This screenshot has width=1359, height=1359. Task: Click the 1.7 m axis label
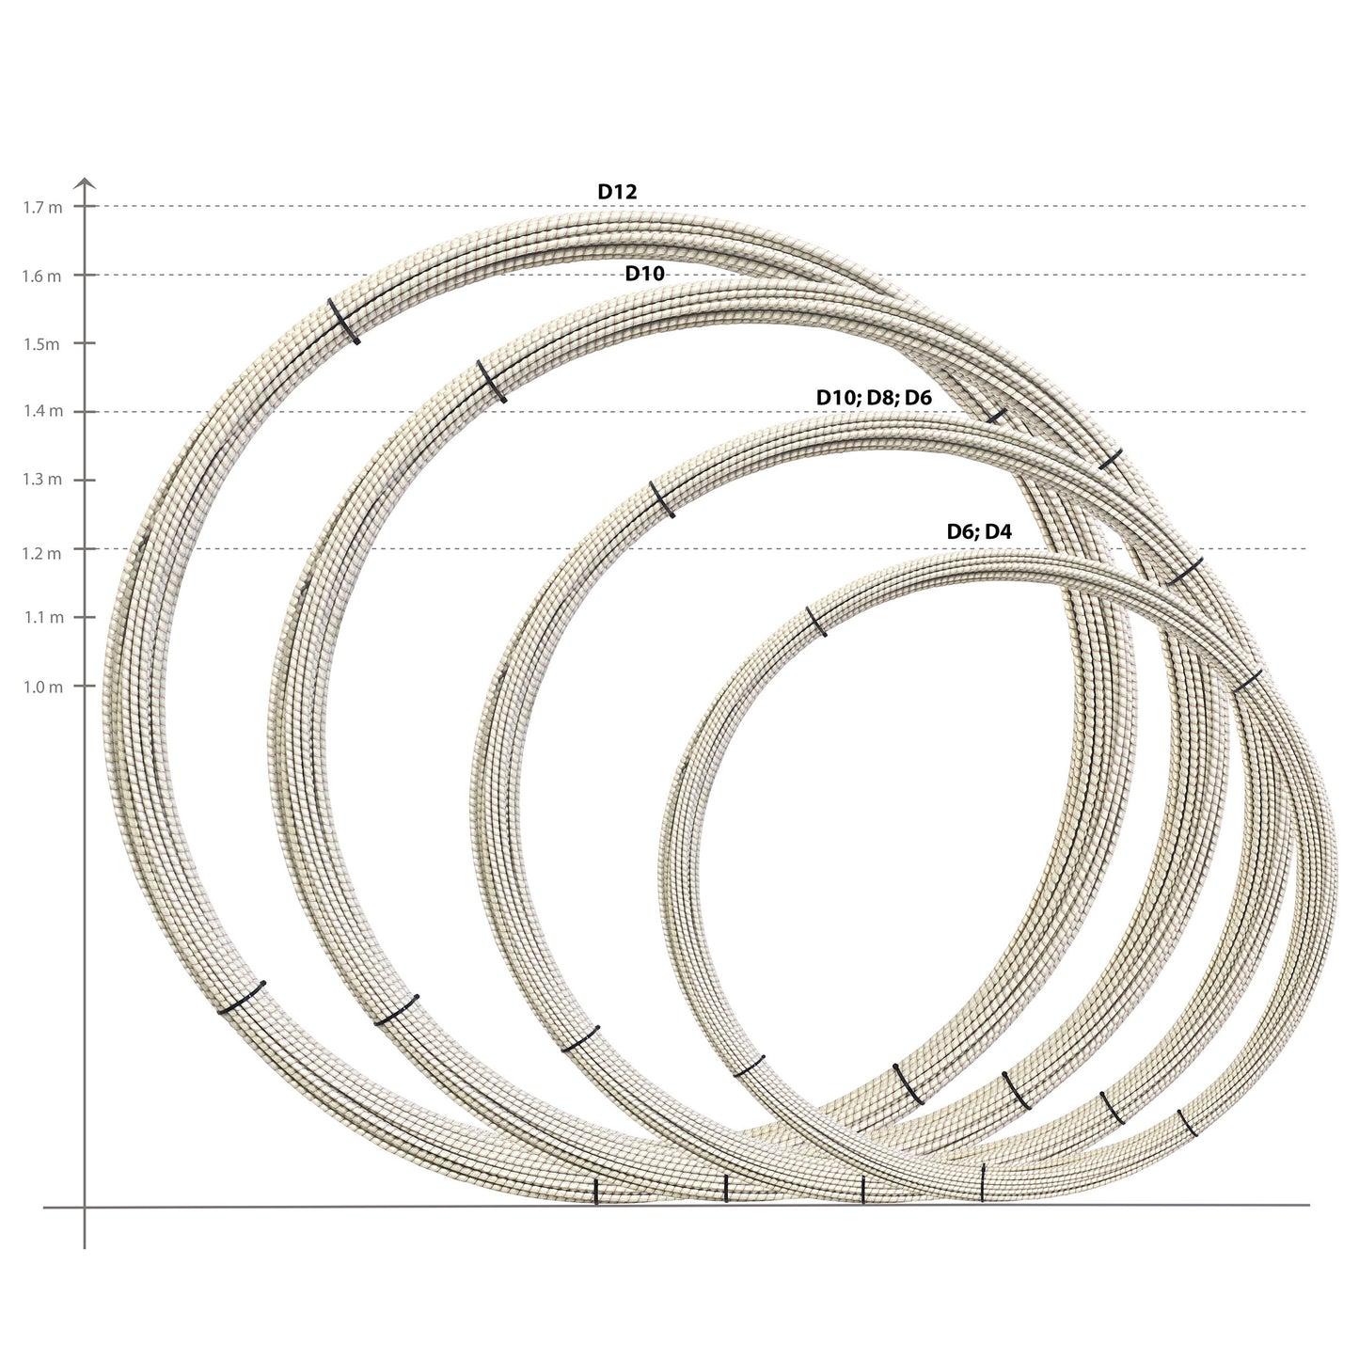pyautogui.click(x=42, y=208)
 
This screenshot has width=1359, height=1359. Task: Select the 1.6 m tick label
pyautogui.click(x=42, y=277)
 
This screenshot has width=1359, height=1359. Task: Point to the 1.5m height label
pyautogui.click(x=41, y=344)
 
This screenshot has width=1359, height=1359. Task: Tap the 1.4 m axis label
pyautogui.click(x=42, y=412)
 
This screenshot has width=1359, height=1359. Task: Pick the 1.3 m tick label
pyautogui.click(x=42, y=481)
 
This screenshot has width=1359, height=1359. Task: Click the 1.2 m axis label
pyautogui.click(x=42, y=553)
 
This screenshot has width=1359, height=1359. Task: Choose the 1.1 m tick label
pyautogui.click(x=42, y=618)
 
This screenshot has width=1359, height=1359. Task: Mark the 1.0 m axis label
pyautogui.click(x=42, y=687)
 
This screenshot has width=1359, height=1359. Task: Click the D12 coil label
pyautogui.click(x=618, y=192)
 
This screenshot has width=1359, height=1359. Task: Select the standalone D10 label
pyautogui.click(x=645, y=275)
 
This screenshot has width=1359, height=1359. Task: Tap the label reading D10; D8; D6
pyautogui.click(x=873, y=398)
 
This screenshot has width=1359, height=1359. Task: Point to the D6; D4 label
pyautogui.click(x=979, y=532)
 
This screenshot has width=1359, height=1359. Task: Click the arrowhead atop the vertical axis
pyautogui.click(x=85, y=182)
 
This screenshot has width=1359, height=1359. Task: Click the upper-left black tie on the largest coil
pyautogui.click(x=343, y=322)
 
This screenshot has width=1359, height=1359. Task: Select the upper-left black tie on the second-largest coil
pyautogui.click(x=492, y=381)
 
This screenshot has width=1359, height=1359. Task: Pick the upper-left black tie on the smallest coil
pyautogui.click(x=817, y=622)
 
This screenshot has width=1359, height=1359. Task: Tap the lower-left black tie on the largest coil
pyautogui.click(x=242, y=997)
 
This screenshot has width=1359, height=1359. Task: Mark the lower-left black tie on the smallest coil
pyautogui.click(x=749, y=1067)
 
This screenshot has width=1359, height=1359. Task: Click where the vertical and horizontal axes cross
pyautogui.click(x=85, y=1206)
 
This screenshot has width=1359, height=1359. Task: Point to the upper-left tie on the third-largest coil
pyautogui.click(x=662, y=498)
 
